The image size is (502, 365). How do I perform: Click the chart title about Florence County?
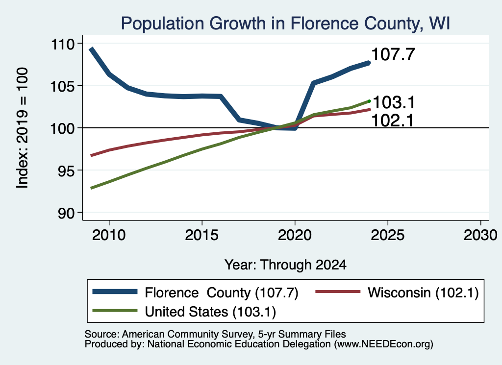286,24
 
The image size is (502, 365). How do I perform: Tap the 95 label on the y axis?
66,170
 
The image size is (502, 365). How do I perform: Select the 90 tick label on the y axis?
66,213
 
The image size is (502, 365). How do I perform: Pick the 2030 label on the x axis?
480,235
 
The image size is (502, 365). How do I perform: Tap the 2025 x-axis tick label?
388,235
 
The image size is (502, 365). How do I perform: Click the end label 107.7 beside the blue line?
393,54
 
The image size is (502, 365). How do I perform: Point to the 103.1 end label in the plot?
394,102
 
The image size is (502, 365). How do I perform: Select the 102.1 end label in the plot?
393,121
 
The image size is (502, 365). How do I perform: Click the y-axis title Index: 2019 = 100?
23,128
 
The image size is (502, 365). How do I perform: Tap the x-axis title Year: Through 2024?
286,265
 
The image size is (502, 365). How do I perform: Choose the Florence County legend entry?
195,292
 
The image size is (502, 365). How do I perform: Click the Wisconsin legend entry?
397,292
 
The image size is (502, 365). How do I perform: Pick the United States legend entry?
184,312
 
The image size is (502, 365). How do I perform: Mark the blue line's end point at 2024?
369,63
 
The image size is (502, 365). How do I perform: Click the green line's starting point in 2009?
92,188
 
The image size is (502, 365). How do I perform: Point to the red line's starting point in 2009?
92,155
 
